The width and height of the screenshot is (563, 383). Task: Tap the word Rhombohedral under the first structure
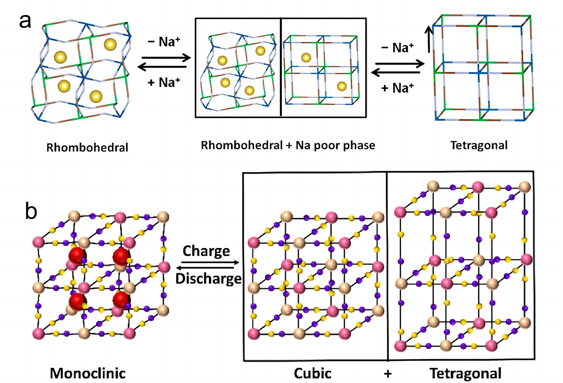pos(87,147)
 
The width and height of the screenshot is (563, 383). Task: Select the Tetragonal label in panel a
pos(479,145)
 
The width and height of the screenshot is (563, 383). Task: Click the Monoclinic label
pos(88,373)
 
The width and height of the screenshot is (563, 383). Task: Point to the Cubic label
pos(312,373)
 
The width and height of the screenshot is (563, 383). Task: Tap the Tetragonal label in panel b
pos(465,373)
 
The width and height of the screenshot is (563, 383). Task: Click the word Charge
pos(206,251)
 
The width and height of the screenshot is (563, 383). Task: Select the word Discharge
pos(208,279)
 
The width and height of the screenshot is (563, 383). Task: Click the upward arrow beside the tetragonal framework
pos(429,39)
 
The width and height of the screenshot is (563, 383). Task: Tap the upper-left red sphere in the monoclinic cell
pos(77,256)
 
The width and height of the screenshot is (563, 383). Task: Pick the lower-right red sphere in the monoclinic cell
pos(121,300)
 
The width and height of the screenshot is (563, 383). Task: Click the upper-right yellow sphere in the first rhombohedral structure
pos(110,44)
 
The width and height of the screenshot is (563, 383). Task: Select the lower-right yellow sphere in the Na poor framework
pos(342,86)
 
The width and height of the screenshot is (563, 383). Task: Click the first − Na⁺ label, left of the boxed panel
pos(164,42)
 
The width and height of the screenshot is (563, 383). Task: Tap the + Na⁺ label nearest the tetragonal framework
pos(397,88)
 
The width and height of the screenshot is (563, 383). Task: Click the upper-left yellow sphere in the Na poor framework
pos(306,57)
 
